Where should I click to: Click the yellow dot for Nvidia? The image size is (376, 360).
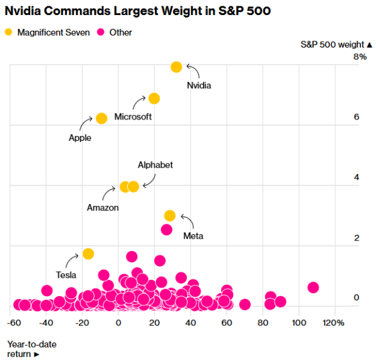[x=176, y=67]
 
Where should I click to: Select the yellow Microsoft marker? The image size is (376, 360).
[x=154, y=98]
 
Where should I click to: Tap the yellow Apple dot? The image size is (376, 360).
[x=102, y=118]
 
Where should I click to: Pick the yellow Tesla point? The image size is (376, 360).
[x=88, y=254]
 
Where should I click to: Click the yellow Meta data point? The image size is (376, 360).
[x=170, y=215]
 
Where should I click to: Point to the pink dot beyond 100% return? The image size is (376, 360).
[x=313, y=287]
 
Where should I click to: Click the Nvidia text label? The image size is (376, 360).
[x=199, y=85]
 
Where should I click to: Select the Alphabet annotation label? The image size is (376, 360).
[x=155, y=165]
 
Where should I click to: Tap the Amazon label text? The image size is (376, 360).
[x=103, y=207]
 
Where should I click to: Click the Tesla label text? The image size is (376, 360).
[x=66, y=275]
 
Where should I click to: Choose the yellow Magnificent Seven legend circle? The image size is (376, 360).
[x=8, y=32]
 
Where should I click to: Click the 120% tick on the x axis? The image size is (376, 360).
[x=334, y=322]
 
